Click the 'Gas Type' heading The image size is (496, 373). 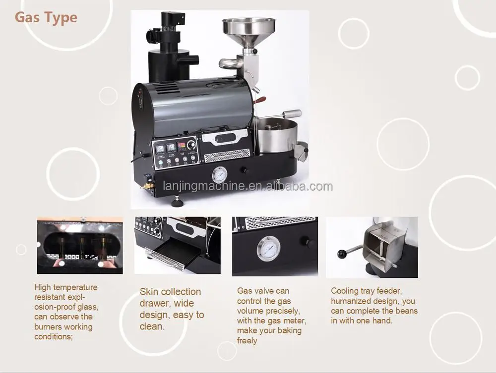(46, 18)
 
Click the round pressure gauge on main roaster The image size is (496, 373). (219, 175)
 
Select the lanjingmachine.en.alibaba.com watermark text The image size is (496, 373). (248, 187)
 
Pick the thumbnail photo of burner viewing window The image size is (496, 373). (79, 245)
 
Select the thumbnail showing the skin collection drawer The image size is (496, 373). (177, 245)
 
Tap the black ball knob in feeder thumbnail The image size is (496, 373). (341, 254)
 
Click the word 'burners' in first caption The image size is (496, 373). (49, 327)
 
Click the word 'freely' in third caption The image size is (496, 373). (247, 341)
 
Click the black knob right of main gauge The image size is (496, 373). (244, 170)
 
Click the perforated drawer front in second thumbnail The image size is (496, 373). (164, 259)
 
